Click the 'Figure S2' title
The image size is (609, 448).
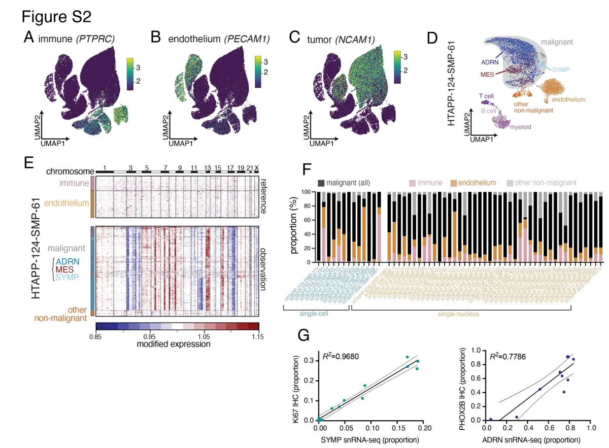(56, 17)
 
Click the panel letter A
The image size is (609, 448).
(29, 38)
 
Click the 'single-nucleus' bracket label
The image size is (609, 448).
(461, 315)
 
